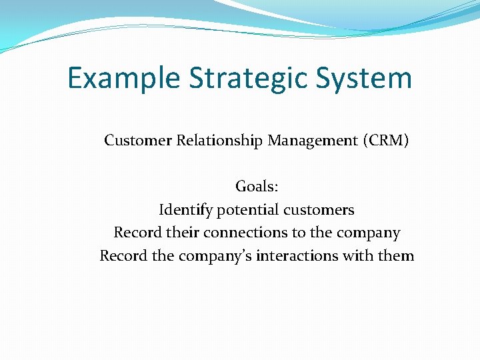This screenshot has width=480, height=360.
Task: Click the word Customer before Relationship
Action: (138, 141)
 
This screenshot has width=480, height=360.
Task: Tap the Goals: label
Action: (257, 187)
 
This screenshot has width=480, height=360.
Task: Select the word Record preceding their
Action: (134, 233)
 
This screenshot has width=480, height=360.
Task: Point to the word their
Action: (178, 233)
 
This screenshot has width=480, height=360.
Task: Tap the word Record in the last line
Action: (120, 255)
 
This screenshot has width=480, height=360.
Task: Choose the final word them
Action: (397, 255)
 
